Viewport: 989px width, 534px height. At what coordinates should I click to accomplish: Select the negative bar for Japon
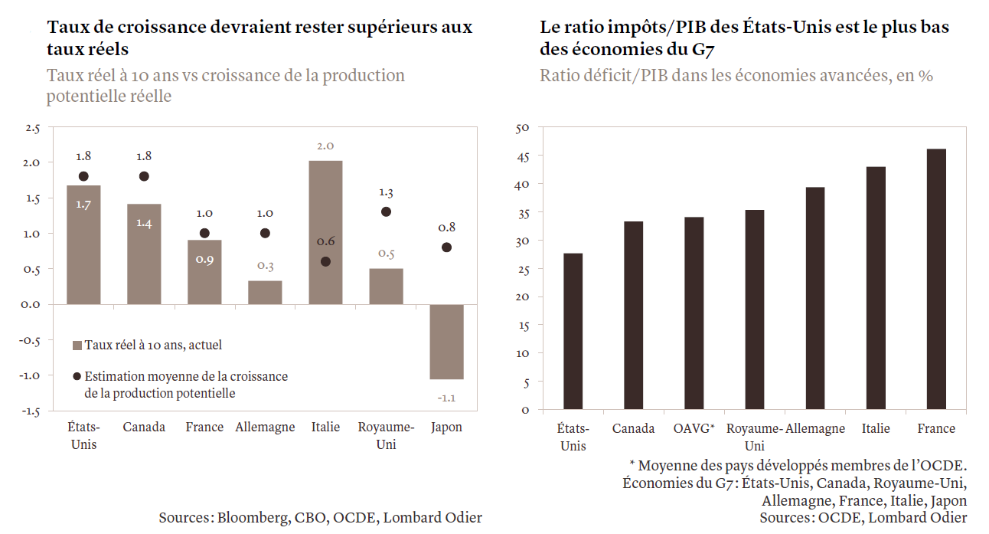446,342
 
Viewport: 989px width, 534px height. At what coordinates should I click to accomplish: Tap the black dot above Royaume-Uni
386,211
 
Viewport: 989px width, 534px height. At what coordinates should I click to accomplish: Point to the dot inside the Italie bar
325,261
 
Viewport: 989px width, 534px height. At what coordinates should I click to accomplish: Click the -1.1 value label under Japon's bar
446,398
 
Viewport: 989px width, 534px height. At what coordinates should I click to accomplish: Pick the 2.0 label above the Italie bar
325,146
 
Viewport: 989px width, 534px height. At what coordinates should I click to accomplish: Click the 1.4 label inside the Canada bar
144,223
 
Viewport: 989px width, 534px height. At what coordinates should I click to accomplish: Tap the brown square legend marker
77,346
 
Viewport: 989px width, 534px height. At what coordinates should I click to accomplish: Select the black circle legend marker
77,377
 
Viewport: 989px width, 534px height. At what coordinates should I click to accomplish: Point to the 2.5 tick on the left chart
33,128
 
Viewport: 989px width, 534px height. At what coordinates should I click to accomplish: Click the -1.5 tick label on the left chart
31,411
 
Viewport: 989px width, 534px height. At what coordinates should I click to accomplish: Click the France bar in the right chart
936,279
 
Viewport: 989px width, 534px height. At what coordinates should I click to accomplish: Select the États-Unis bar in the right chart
573,331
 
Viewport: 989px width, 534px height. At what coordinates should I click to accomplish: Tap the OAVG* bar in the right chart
694,313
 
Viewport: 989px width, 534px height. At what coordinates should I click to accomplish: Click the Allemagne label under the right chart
815,428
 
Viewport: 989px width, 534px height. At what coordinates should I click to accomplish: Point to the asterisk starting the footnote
632,465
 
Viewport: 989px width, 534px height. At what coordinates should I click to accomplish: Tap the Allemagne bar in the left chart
265,292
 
